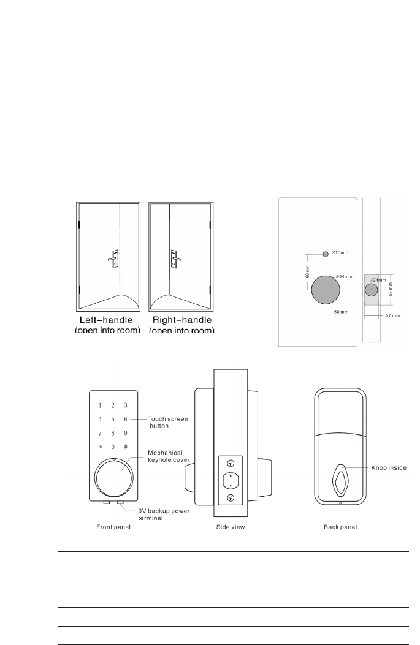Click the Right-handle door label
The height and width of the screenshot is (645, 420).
181,320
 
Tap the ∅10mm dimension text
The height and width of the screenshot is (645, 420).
340,252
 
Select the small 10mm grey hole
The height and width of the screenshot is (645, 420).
326,253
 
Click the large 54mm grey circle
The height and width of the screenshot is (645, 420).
326,289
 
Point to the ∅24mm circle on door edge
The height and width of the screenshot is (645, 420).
371,289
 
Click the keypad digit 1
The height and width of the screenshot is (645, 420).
99,405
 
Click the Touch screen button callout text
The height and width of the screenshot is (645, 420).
167,422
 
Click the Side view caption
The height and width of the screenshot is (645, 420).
231,526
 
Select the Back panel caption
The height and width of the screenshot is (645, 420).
340,526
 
